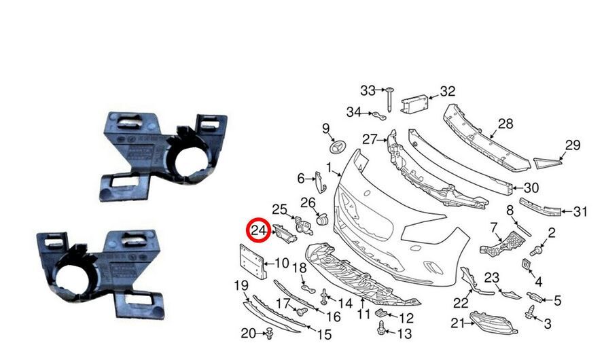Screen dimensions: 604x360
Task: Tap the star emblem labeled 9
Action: click(338, 148)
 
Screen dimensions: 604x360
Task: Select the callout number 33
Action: click(368, 90)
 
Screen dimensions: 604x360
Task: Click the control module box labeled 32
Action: click(414, 104)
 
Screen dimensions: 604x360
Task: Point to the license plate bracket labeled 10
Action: click(252, 261)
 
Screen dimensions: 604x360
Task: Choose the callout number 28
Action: click(505, 124)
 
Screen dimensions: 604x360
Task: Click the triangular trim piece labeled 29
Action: click(547, 163)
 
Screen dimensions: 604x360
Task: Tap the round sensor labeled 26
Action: click(321, 219)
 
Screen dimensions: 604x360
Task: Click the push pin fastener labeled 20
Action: click(269, 334)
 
